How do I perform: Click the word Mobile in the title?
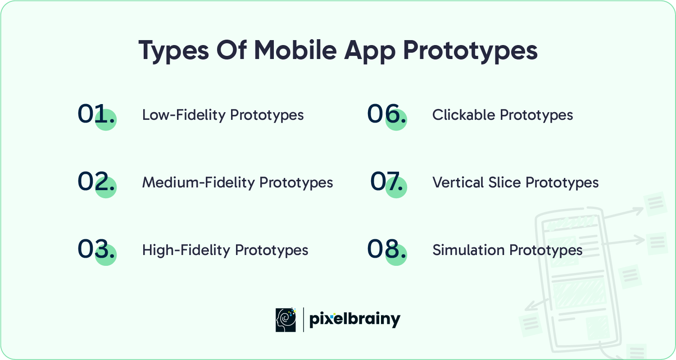[x=295, y=50]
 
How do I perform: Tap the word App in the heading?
[x=370, y=51]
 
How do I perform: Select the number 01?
[x=96, y=114]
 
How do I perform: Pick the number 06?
[x=386, y=114]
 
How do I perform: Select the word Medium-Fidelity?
[x=199, y=183]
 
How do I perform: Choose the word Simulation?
[x=468, y=250]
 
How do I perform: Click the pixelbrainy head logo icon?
[x=286, y=320]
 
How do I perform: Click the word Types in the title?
[x=173, y=51]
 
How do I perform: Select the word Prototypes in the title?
[x=470, y=51]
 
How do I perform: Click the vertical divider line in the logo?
[x=303, y=320]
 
